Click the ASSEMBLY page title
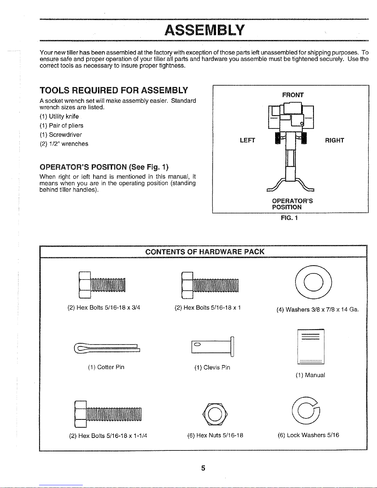click(205, 30)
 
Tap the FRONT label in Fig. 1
click(293, 95)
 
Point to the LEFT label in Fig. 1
click(247, 141)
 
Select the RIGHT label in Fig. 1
click(335, 141)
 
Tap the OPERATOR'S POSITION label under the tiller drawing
click(292, 204)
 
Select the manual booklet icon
click(311, 347)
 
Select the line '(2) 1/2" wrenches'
click(64, 144)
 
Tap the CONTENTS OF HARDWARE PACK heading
click(205, 252)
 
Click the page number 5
click(203, 468)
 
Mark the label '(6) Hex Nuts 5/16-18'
click(215, 435)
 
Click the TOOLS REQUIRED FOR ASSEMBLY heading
click(114, 91)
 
